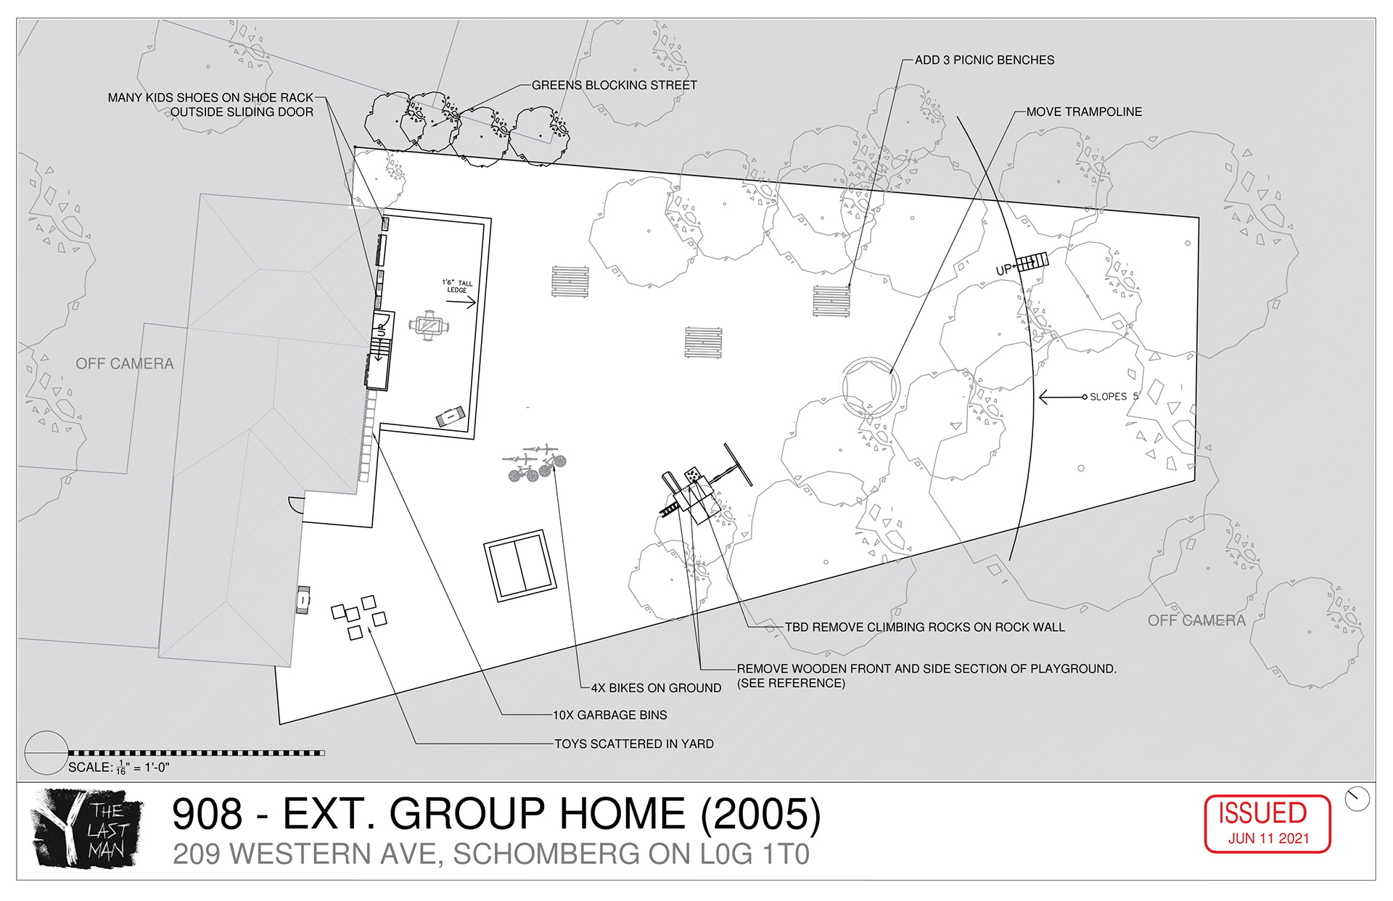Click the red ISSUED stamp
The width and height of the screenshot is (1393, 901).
pos(1267,823)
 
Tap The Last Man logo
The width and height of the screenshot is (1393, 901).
pos(86,828)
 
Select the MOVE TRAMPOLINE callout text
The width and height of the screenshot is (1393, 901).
pos(1084,112)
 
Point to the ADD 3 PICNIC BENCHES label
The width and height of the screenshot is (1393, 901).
pos(985,60)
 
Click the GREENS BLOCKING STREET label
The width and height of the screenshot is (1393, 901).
pos(615,86)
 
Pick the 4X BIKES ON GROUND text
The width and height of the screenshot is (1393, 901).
pos(656,688)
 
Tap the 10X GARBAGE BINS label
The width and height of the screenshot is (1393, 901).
pos(610,715)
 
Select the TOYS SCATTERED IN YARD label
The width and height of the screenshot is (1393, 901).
pos(634,744)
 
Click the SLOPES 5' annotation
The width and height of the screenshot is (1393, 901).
pos(1114,397)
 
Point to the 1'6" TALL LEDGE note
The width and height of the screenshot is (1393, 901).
pos(457,287)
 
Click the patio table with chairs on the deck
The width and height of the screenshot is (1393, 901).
pos(428,326)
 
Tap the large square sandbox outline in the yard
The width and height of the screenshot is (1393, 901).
pos(520,566)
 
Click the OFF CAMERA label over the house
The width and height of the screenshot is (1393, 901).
pos(125,363)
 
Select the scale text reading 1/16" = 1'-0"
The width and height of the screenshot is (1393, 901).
pos(144,768)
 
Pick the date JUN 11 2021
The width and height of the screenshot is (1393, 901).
pos(1268,839)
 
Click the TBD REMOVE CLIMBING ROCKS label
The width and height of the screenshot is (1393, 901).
pos(925,628)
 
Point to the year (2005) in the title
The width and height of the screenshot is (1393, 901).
pos(761,814)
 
